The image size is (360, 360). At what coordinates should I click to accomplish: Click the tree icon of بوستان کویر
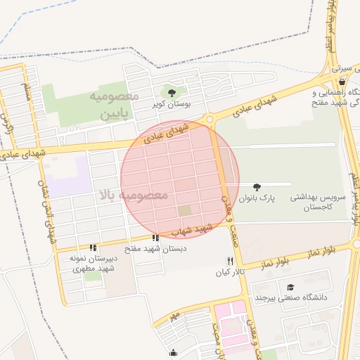click(172, 91)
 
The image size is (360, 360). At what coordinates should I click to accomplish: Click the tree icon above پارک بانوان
click(257, 186)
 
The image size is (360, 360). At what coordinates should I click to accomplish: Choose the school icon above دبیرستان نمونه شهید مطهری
click(93, 247)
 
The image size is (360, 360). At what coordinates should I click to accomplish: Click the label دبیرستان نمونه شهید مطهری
click(92, 264)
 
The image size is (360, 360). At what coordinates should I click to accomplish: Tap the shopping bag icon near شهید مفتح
click(341, 82)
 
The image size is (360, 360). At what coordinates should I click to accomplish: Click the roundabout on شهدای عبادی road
click(210, 119)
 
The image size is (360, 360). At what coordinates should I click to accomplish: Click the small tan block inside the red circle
click(184, 210)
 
